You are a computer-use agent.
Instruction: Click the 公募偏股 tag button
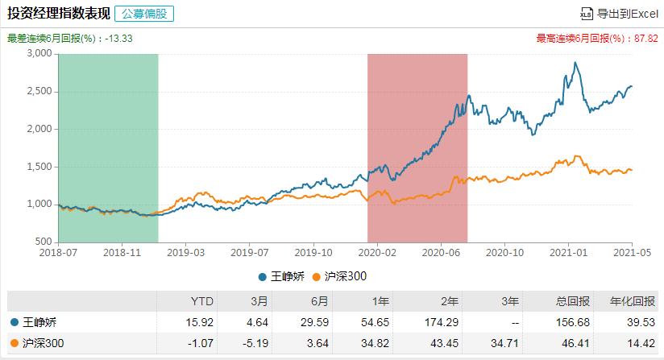tap(144, 13)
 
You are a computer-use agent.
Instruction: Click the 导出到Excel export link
tap(619, 13)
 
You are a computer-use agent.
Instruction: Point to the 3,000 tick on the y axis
tap(40, 54)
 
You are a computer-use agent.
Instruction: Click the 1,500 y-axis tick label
tap(40, 167)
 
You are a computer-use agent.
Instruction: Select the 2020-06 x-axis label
tap(440, 251)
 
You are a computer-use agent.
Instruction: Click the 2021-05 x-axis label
tap(631, 251)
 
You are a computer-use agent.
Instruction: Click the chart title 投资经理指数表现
tap(57, 13)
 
